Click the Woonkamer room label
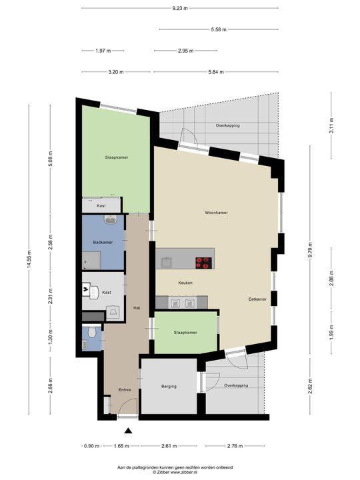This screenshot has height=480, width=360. pyautogui.click(x=216, y=213)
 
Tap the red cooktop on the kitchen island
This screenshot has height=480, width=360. pyautogui.click(x=204, y=263)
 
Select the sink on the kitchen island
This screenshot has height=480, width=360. pyautogui.click(x=167, y=263)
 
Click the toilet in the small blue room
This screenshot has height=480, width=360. pyautogui.click(x=92, y=332)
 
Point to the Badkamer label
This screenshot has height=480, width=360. pyautogui.click(x=103, y=242)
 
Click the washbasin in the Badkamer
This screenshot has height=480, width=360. pyautogui.click(x=109, y=219)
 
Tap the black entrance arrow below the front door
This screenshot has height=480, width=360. pyautogui.click(x=128, y=431)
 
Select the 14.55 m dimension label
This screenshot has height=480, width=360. pyautogui.click(x=29, y=259)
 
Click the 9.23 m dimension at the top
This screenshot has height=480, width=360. pyautogui.click(x=180, y=8)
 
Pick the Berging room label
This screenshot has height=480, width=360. pyautogui.click(x=169, y=386)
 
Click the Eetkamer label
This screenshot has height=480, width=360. pyautogui.click(x=257, y=299)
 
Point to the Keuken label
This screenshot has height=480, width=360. pyautogui.click(x=185, y=283)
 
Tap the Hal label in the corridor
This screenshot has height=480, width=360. pyautogui.click(x=137, y=308)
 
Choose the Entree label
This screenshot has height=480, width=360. pyautogui.click(x=125, y=390)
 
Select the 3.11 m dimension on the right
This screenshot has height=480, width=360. pyautogui.click(x=331, y=125)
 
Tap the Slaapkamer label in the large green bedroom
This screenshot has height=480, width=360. pyautogui.click(x=117, y=157)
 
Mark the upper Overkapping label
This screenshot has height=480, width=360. pyautogui.click(x=227, y=125)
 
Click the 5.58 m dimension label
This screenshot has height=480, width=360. pyautogui.click(x=219, y=30)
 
